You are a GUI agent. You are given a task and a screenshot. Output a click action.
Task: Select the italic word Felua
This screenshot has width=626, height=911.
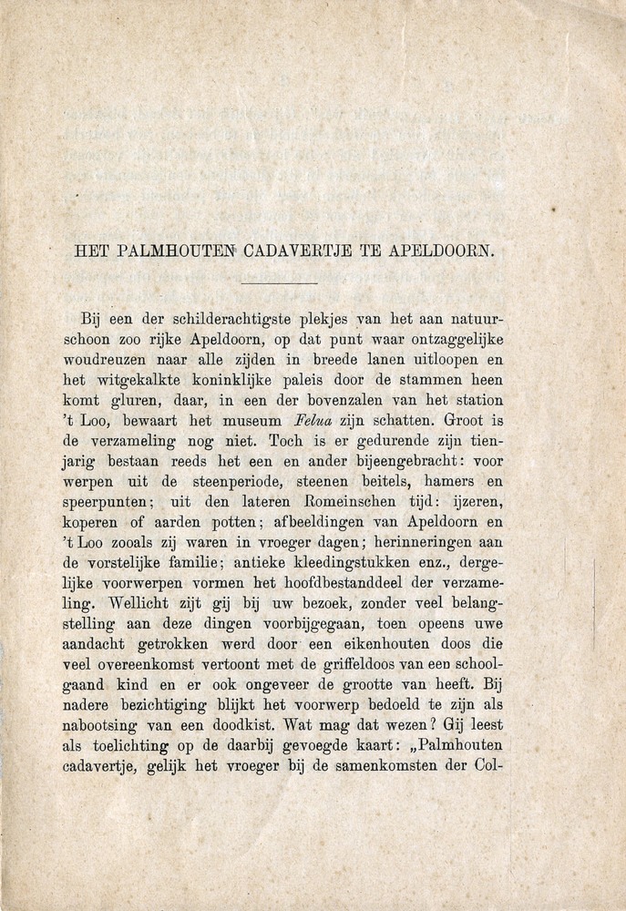pos(315,422)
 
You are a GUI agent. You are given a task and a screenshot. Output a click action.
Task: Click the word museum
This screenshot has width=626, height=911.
pos(252,422)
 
